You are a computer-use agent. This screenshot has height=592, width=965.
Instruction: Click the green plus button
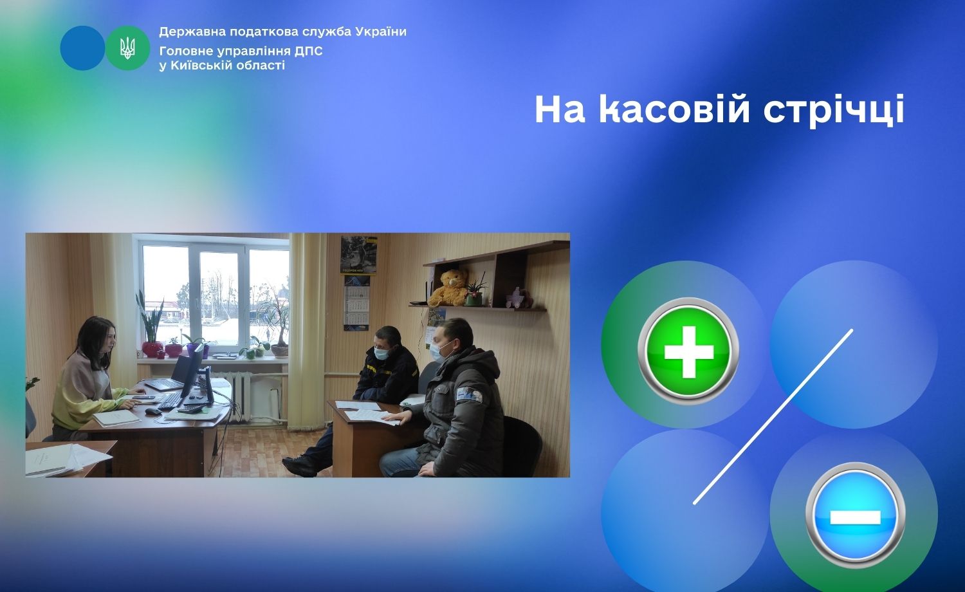[688, 351]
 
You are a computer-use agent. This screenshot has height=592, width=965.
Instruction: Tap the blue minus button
[855, 515]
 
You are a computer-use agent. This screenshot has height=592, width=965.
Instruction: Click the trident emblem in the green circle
[127, 48]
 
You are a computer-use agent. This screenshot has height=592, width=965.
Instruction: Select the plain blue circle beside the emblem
[82, 48]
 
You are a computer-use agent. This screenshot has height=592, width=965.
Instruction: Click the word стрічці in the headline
[834, 110]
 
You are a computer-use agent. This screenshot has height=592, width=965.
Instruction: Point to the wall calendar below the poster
[356, 303]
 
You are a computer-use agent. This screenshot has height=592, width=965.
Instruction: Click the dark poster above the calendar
[358, 255]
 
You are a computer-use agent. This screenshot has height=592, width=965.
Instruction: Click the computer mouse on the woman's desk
[153, 411]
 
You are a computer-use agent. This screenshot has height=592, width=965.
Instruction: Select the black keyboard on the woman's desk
[170, 401]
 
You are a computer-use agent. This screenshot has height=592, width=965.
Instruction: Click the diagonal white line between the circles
[773, 416]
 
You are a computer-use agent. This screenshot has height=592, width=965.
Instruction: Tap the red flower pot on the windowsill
[152, 349]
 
